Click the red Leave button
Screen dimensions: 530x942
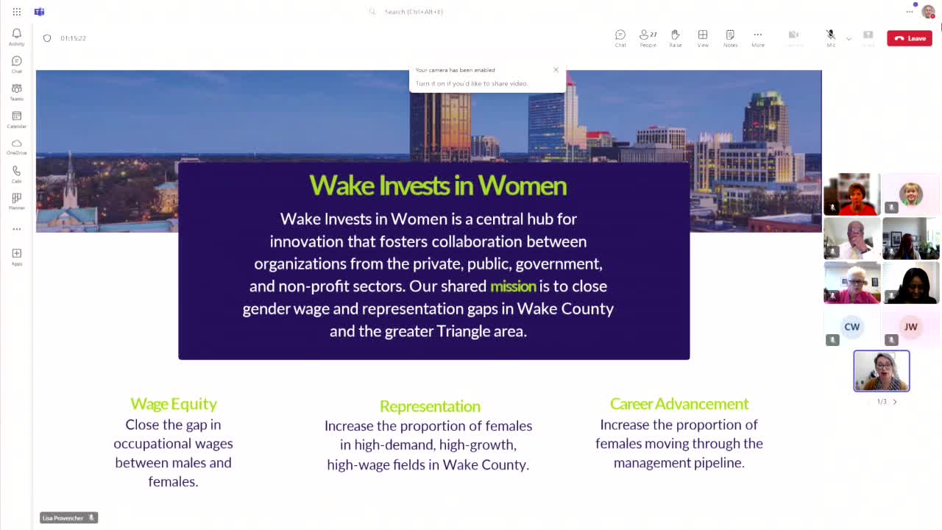click(910, 38)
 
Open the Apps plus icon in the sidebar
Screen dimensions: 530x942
click(16, 254)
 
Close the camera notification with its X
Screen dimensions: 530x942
click(556, 70)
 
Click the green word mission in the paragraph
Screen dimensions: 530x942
click(513, 286)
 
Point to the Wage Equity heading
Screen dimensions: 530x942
click(174, 403)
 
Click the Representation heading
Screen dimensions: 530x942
click(430, 406)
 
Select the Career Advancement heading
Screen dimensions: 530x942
click(679, 403)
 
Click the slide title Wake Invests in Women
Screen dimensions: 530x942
click(438, 185)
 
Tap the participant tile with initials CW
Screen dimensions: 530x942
click(851, 327)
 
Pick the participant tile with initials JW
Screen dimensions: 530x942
click(910, 327)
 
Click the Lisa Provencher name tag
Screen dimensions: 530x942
click(63, 518)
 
